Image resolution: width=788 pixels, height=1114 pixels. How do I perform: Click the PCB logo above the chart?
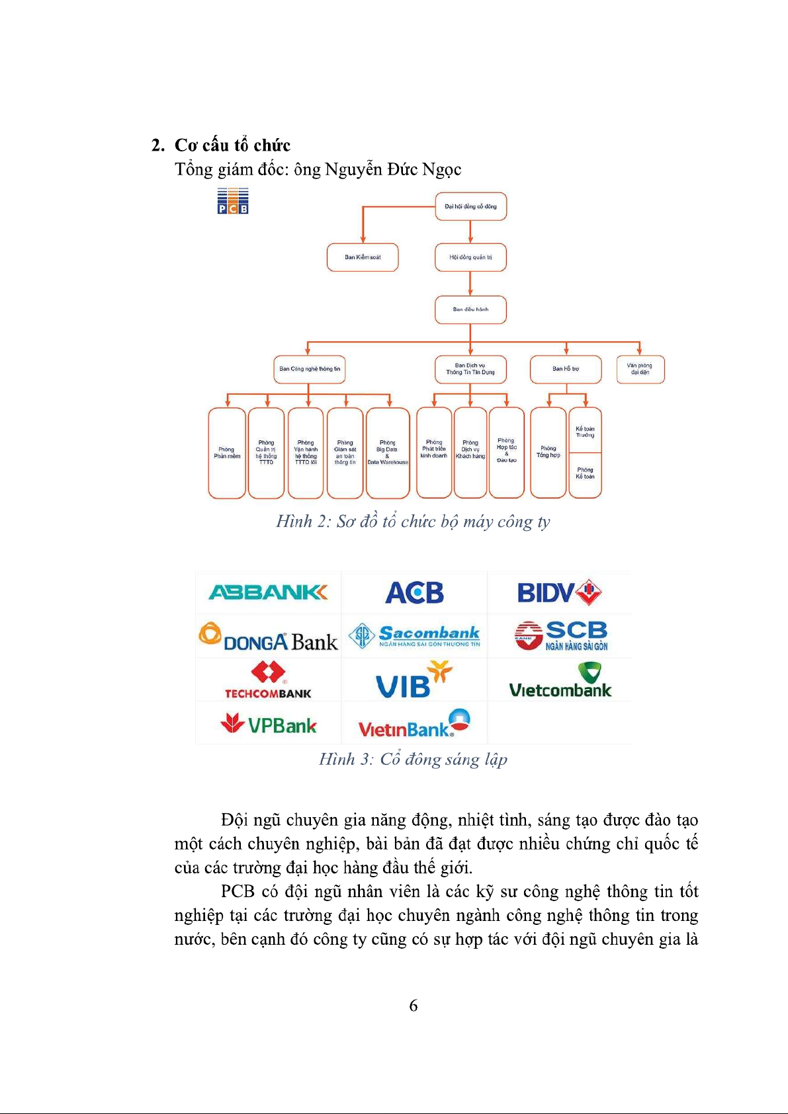[233, 201]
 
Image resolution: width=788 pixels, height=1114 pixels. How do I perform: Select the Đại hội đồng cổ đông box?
[470, 206]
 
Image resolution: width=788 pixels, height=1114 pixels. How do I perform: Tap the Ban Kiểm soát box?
[363, 257]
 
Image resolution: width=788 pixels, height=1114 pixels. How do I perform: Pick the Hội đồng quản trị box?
[470, 257]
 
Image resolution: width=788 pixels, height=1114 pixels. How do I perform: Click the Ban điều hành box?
[470, 309]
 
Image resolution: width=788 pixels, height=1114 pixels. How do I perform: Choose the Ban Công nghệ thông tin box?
[310, 369]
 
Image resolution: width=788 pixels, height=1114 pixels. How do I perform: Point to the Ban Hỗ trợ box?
[566, 369]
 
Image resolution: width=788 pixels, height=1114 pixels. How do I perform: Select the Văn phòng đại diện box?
[639, 369]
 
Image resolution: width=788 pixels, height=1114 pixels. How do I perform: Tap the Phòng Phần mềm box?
[227, 453]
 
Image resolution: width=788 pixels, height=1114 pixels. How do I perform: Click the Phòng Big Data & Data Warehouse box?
[388, 453]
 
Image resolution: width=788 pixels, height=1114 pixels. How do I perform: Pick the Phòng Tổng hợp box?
[548, 452]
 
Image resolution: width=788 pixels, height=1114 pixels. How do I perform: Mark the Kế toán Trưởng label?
[585, 432]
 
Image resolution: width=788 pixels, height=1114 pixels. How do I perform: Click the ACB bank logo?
[414, 593]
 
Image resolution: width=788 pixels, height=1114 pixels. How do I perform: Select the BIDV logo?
[559, 592]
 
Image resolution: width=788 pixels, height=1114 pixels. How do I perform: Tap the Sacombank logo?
[414, 635]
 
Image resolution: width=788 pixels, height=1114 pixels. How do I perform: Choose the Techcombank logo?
[268, 680]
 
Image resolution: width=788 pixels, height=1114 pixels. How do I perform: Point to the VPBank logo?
[268, 725]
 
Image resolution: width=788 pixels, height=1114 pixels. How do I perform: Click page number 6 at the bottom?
[414, 1006]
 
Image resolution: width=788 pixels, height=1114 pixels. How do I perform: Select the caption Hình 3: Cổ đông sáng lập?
[413, 759]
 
